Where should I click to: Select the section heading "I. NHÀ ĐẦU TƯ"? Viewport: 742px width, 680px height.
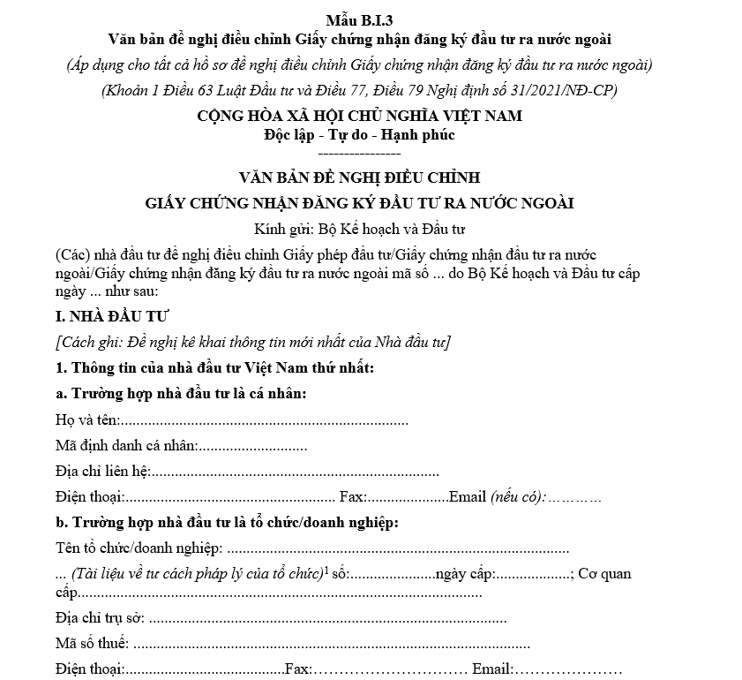click(x=112, y=314)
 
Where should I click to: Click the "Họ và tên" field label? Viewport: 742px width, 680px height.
click(x=86, y=419)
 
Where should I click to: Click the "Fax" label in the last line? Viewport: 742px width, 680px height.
click(x=298, y=669)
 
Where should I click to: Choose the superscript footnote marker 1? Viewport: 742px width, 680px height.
click(x=326, y=569)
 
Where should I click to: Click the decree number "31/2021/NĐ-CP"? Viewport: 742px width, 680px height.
click(x=568, y=91)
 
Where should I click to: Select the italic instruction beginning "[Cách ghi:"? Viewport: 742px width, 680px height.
click(x=252, y=341)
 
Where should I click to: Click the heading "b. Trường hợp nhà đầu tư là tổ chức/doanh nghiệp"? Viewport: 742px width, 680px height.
click(x=227, y=522)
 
